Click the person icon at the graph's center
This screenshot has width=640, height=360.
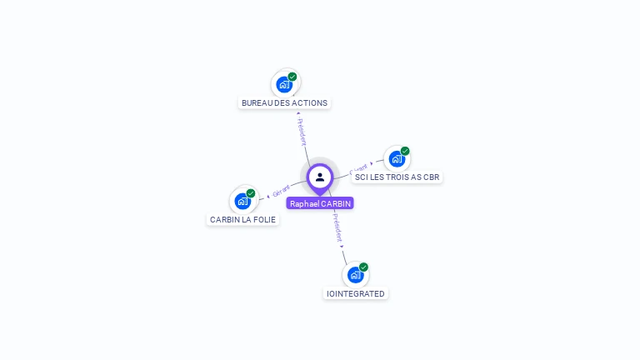tap(320, 177)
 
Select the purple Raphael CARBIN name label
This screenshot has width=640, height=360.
tap(320, 203)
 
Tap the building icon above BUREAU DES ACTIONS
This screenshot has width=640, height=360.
tap(284, 84)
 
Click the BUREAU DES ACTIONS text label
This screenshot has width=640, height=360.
tap(284, 103)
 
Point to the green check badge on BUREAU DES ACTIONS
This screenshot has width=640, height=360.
tap(292, 77)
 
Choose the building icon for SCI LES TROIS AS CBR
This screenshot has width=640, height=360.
tap(396, 158)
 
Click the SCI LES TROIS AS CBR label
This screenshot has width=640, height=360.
tap(397, 177)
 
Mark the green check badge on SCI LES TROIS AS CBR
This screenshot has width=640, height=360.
tap(405, 151)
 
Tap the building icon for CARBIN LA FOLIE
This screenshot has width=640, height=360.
tap(242, 201)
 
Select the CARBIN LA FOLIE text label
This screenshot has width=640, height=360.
tap(242, 220)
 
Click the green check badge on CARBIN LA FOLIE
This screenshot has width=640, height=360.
tap(251, 193)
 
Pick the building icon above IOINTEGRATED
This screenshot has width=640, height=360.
tap(355, 274)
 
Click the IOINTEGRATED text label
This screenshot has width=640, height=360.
tap(356, 294)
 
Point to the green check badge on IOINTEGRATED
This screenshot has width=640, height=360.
tap(363, 267)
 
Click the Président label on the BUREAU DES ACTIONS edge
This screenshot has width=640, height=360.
tap(302, 132)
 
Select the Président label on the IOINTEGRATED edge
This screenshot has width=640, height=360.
tap(337, 227)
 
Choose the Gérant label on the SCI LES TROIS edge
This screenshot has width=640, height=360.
tap(358, 168)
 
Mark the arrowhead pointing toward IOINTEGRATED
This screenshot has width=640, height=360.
tap(342, 247)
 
